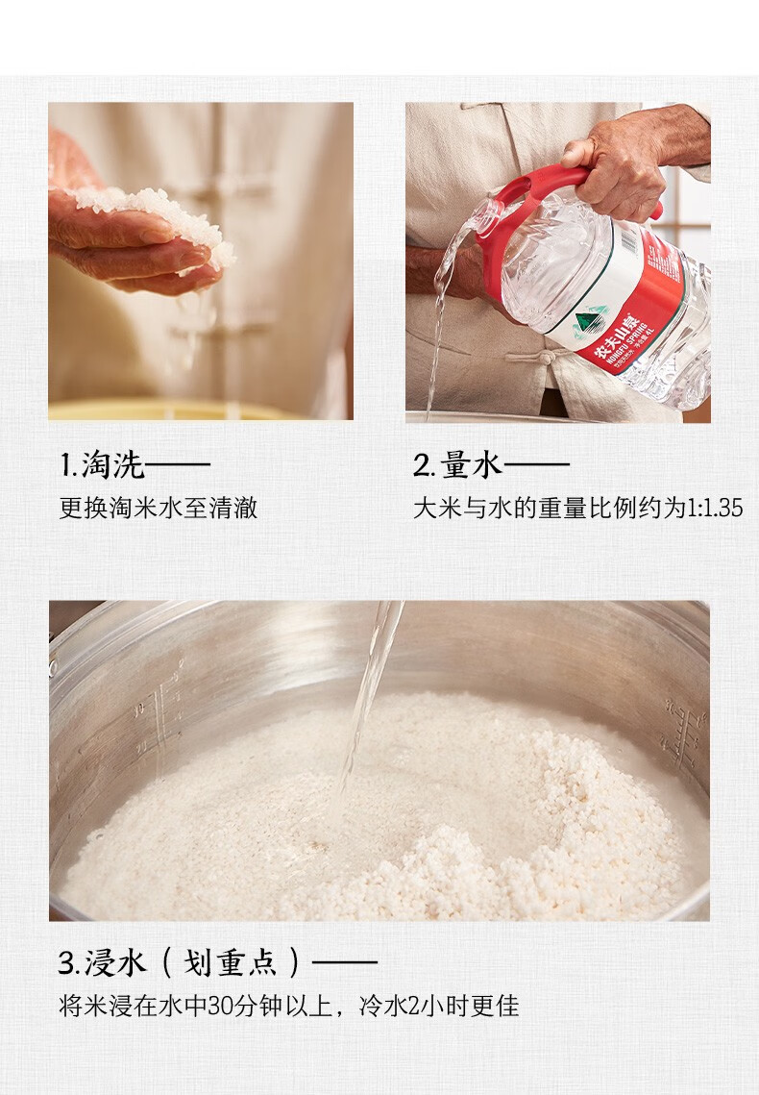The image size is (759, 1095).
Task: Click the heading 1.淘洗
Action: click(102, 465)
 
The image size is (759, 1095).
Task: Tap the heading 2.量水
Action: click(457, 465)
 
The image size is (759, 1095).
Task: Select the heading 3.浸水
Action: click(103, 962)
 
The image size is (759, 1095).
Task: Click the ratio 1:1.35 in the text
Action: click(715, 508)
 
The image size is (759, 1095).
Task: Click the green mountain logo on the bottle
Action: click(590, 323)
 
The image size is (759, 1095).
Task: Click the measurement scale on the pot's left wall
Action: click(161, 719)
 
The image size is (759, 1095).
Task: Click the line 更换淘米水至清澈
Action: click(159, 508)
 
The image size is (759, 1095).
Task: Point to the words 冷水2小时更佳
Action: click(439, 1006)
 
